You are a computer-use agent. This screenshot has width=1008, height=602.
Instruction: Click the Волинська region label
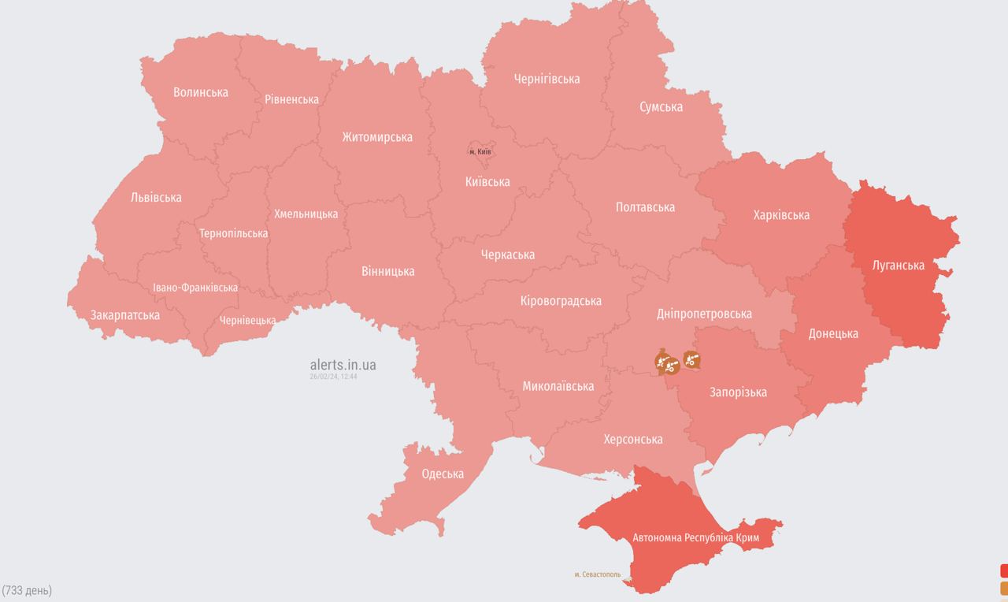[201, 92]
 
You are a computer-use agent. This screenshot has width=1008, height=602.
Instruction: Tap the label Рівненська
[291, 99]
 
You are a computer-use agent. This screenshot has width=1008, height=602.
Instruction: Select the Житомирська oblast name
[377, 137]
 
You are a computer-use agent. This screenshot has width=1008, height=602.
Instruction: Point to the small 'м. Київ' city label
[480, 151]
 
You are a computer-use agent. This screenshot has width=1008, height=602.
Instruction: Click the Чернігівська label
[547, 79]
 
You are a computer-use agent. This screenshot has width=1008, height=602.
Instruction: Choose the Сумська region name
[661, 106]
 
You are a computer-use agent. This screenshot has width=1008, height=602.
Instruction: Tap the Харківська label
[781, 215]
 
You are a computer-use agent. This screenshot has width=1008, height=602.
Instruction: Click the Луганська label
[899, 265]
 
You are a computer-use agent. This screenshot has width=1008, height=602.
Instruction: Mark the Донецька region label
[833, 333]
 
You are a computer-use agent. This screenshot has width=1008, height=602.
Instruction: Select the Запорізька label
[738, 392]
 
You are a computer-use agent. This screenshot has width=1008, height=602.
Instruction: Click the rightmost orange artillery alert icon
[691, 360]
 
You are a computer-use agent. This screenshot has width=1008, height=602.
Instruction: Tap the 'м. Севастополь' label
[598, 574]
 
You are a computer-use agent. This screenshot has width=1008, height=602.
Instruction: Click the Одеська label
[443, 474]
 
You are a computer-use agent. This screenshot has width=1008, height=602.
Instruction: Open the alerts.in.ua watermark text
[343, 365]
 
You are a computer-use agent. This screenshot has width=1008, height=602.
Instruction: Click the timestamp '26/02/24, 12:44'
[334, 377]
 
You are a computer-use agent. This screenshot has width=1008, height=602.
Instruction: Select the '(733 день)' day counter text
[27, 590]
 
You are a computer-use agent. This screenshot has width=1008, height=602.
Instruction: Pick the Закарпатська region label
[125, 315]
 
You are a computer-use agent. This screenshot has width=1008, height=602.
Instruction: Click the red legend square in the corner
[1004, 570]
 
